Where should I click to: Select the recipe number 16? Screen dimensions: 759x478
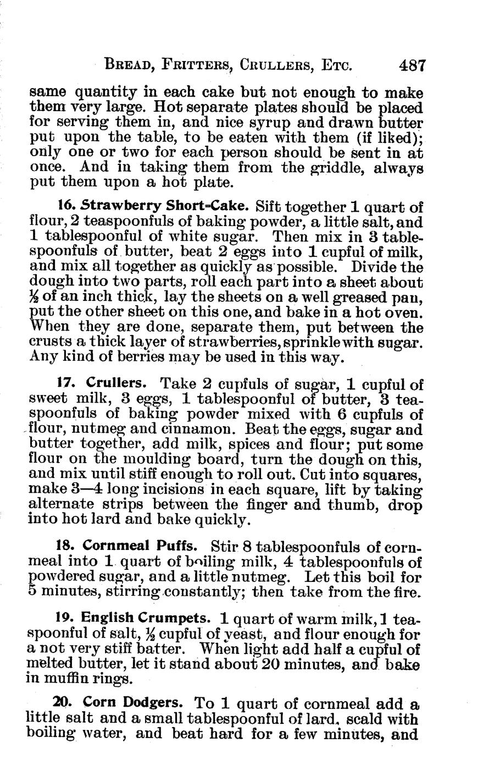click(65, 206)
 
